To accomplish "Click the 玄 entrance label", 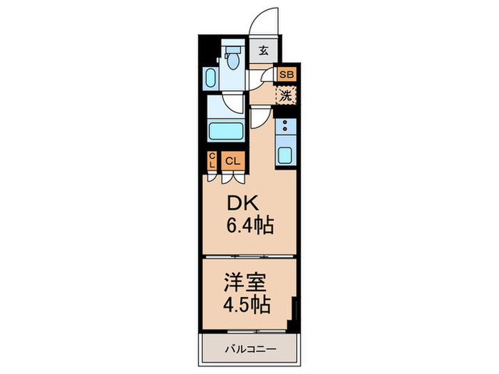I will (x=263, y=51).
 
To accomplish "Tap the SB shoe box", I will (x=287, y=74).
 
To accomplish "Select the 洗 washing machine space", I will (x=286, y=94).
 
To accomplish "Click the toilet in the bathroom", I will (x=232, y=57).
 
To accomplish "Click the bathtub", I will (x=226, y=131).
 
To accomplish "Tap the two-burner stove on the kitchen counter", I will (x=285, y=128).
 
